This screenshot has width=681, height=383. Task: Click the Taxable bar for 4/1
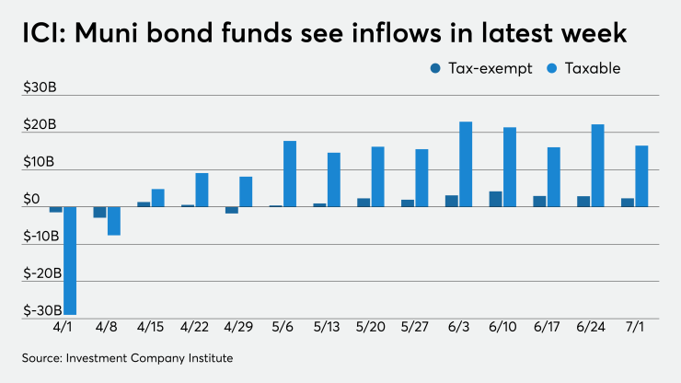coord(70,261)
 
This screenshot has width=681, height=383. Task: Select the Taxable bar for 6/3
coord(466,164)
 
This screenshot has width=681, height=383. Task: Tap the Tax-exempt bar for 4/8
coord(99,212)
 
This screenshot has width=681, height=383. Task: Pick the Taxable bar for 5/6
coord(290,174)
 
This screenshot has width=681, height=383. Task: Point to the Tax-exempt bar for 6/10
coord(495,199)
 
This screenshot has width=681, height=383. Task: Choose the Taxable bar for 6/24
coord(597,166)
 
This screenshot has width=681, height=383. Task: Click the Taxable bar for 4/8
coord(114,221)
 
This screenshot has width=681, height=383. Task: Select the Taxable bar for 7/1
coord(641,176)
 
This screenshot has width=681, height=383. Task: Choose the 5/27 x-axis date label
coord(415,327)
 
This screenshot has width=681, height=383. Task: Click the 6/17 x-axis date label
coord(547,327)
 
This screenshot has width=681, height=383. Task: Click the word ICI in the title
coord(41,34)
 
